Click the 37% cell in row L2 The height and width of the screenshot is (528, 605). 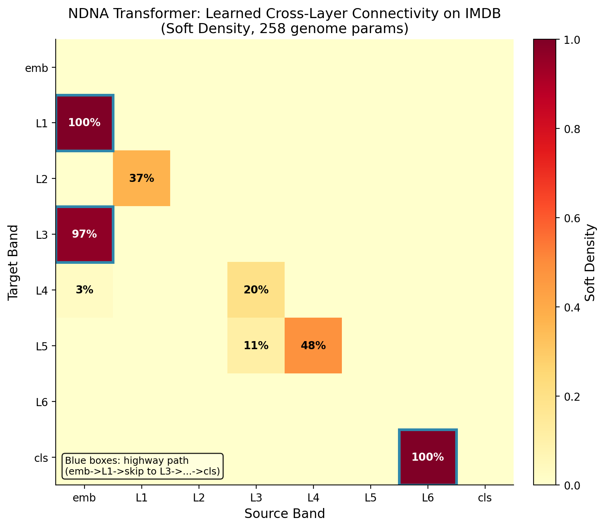click(141, 178)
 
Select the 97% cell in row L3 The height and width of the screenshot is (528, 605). click(85, 234)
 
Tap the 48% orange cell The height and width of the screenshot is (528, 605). click(313, 345)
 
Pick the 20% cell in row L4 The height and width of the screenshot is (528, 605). click(256, 290)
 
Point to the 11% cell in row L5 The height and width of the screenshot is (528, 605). click(256, 345)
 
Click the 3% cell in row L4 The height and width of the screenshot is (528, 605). click(85, 290)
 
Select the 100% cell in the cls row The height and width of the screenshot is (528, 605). click(428, 457)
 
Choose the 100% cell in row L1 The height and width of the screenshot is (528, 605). click(85, 123)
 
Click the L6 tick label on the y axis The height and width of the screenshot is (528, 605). click(41, 401)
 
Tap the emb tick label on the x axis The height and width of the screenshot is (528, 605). click(85, 498)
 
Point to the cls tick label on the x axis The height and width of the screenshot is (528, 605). click(485, 498)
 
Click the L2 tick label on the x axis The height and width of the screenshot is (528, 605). click(199, 498)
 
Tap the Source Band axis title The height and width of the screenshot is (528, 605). click(285, 514)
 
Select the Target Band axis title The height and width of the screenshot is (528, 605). click(13, 262)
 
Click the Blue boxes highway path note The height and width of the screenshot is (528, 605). click(142, 466)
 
